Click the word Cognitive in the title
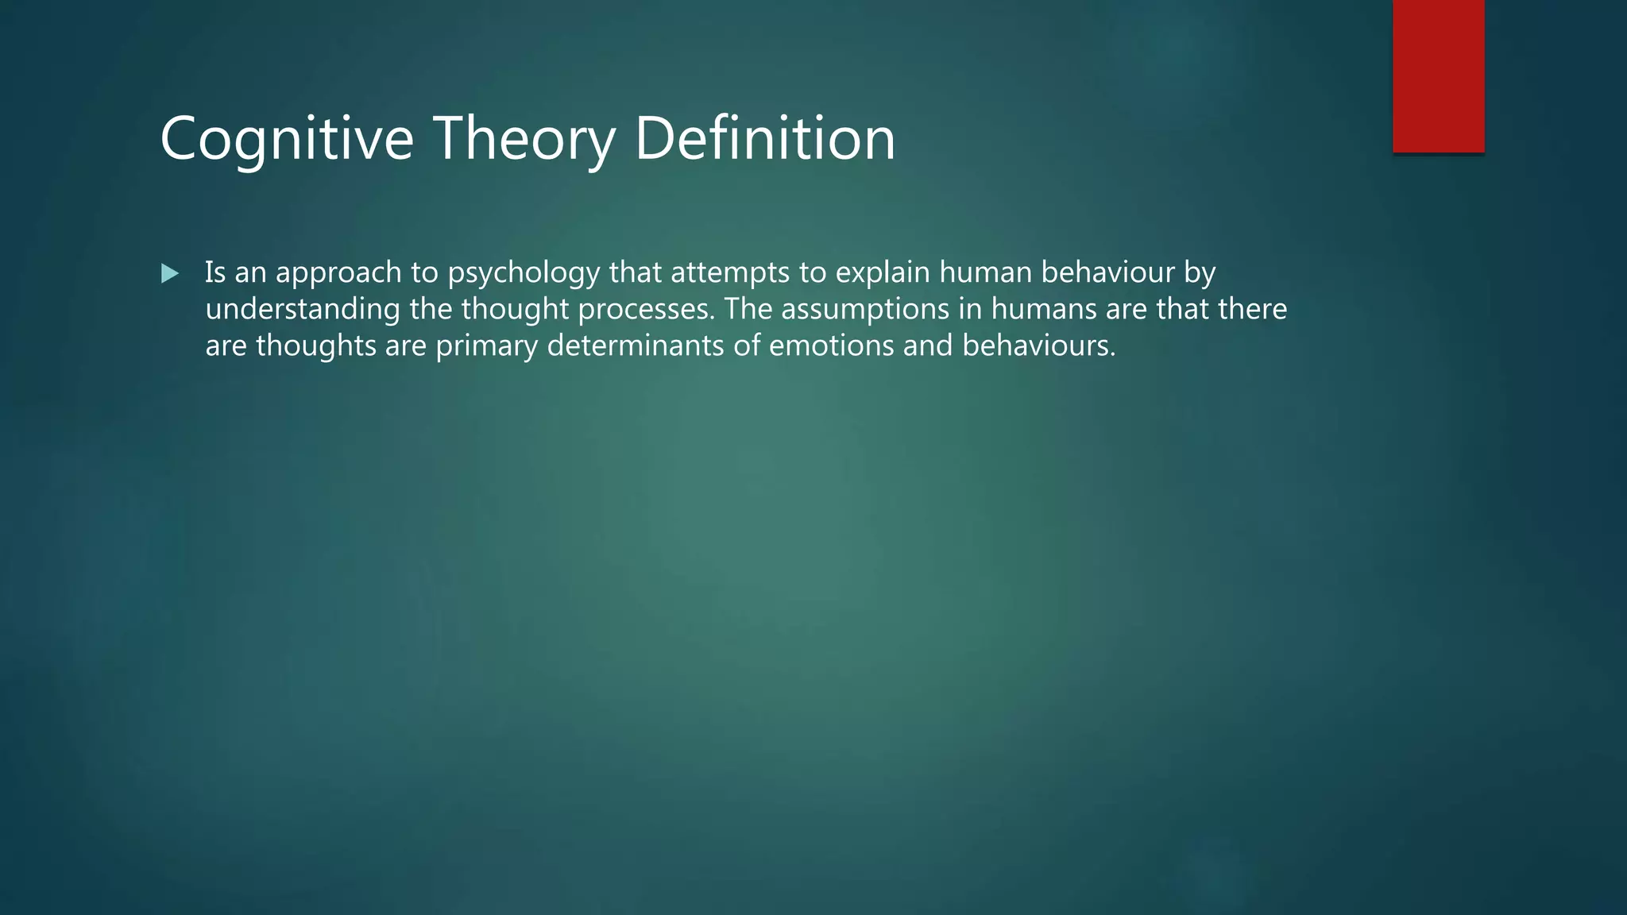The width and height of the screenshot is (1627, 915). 287,139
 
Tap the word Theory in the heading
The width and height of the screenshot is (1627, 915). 524,139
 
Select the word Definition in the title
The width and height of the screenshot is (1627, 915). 765,139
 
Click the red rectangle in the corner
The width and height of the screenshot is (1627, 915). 1438,75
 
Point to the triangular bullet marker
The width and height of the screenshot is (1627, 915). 169,274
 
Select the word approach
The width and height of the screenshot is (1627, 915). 338,272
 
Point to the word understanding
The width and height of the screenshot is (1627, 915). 303,310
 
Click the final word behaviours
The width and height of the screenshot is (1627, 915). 1038,346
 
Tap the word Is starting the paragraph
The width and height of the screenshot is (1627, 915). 215,272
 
